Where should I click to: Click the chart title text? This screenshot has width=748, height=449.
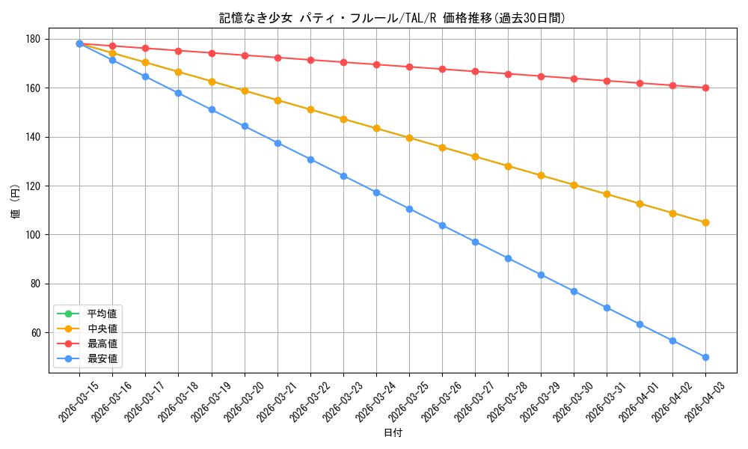tap(392, 18)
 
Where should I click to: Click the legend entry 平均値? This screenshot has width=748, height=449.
tap(102, 314)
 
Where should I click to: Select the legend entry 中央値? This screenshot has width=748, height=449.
tap(102, 329)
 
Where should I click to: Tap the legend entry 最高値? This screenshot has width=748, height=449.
tap(102, 343)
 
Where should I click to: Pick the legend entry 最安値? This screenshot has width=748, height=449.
tap(102, 358)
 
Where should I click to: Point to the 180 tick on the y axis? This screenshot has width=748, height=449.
tap(34, 39)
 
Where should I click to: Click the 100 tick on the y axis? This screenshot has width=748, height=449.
tap(34, 235)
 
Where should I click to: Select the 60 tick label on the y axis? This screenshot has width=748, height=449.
tap(36, 332)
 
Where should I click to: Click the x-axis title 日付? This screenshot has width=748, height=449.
tap(393, 433)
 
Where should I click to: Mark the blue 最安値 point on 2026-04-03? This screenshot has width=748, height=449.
tap(705, 357)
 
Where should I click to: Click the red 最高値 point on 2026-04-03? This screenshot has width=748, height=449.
tap(705, 88)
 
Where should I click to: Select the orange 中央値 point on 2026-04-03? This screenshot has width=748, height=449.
tap(705, 222)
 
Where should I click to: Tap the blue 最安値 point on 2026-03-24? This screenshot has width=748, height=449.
tap(376, 192)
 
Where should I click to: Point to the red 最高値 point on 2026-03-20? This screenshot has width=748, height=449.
tap(245, 55)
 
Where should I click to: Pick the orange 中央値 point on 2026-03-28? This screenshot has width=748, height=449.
tap(508, 166)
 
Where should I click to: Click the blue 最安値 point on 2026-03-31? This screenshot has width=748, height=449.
tap(607, 308)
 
